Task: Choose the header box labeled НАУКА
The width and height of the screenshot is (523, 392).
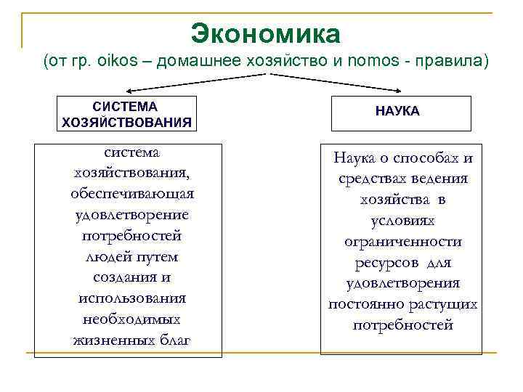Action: pos(397,113)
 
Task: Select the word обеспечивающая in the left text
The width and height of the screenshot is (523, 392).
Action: pos(132,194)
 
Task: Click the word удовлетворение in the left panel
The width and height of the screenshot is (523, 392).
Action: pos(132,215)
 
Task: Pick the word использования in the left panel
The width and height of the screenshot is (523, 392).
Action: pos(132,298)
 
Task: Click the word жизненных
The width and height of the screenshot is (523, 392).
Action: pos(109,340)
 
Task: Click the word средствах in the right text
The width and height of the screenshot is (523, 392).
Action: pos(377,178)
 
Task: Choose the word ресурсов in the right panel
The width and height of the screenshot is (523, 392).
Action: pos(386,262)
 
